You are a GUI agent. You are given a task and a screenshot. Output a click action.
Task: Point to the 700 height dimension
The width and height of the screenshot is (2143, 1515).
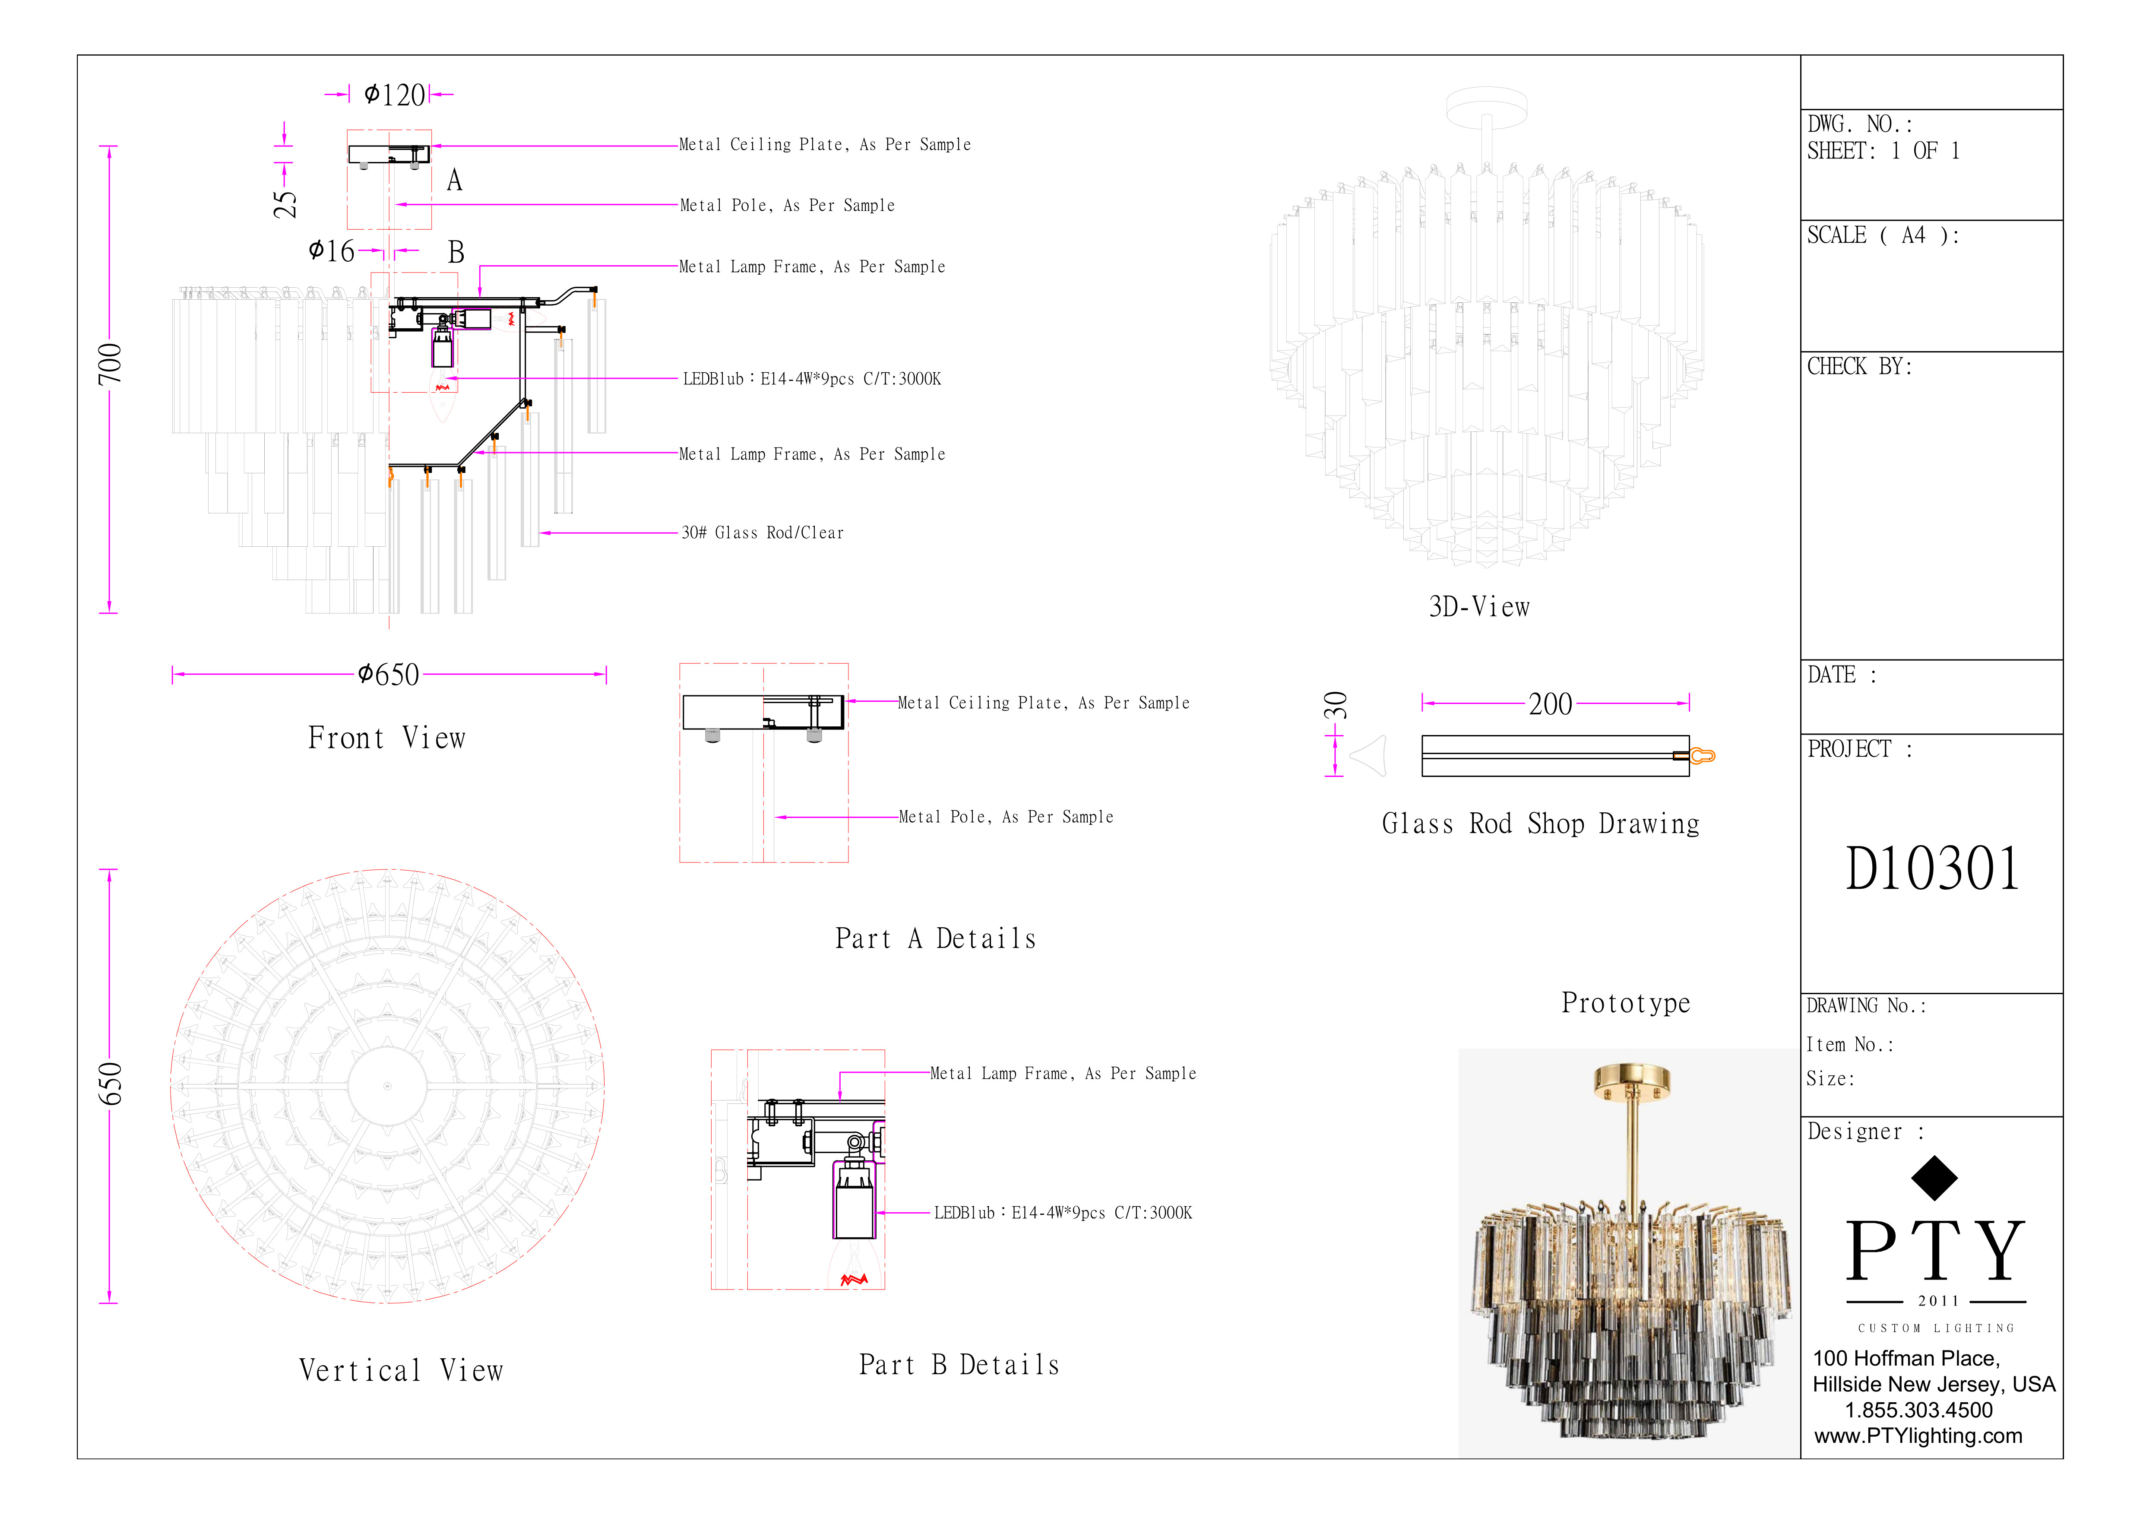(109, 363)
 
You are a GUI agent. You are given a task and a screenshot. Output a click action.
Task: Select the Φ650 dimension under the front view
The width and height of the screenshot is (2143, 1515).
(388, 674)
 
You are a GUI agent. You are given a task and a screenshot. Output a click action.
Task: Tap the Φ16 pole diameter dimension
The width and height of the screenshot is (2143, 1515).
(331, 251)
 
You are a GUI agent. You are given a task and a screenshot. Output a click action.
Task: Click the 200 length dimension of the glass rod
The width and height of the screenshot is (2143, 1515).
(1550, 704)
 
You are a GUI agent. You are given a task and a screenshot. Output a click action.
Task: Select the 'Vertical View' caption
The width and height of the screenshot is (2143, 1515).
(401, 1370)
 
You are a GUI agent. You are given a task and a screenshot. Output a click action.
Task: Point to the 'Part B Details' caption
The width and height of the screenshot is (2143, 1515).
(959, 1365)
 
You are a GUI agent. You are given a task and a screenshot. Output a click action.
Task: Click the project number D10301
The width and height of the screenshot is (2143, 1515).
(1932, 869)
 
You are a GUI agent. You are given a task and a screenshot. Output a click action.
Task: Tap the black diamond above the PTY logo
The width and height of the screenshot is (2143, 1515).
(1934, 1178)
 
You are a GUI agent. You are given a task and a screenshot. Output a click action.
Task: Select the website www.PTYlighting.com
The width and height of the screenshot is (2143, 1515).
(1918, 1436)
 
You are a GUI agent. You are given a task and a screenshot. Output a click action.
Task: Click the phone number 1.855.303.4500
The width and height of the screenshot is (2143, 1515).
(1918, 1410)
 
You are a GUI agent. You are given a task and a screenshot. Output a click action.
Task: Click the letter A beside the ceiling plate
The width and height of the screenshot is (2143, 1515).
(455, 180)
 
